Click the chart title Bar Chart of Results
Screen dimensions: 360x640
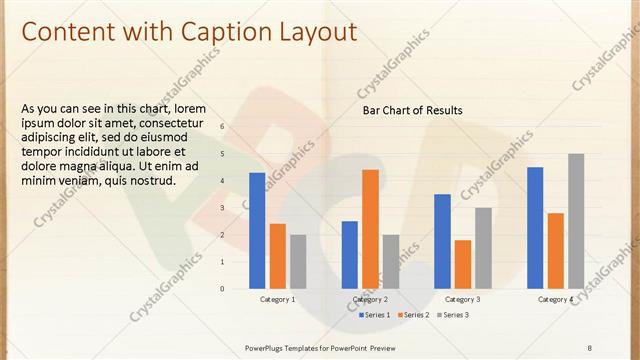(412, 110)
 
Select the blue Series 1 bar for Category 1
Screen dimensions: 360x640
(257, 230)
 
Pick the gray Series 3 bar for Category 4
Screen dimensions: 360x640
(576, 221)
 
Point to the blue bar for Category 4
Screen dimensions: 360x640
(535, 227)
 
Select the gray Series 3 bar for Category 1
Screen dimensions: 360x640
(298, 261)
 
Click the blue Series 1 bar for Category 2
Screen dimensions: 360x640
(349, 254)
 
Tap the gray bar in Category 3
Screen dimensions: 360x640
(483, 248)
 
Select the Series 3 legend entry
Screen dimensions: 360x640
(455, 315)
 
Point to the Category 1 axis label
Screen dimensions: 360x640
(277, 299)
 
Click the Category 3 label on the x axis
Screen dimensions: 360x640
(462, 299)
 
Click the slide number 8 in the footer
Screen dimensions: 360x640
(589, 347)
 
